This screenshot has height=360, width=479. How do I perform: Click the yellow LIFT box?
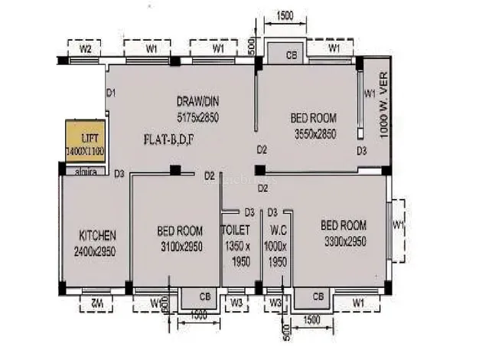point(85,141)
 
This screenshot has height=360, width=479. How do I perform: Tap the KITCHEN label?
point(97,234)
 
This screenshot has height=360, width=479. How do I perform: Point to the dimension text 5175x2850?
point(198,117)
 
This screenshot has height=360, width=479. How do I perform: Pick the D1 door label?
point(110,93)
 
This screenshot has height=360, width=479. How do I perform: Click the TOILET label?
point(236,229)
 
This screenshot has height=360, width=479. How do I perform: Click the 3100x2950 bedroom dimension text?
point(180,247)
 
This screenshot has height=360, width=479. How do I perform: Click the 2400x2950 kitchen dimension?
point(95,251)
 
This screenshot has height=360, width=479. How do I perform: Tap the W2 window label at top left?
point(86,49)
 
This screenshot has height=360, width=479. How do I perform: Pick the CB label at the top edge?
point(291,55)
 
